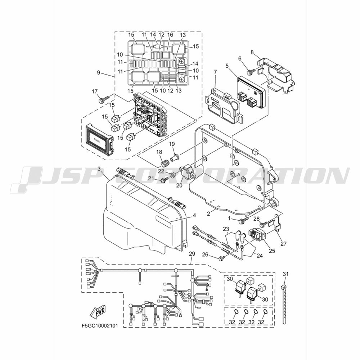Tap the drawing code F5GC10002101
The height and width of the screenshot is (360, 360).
point(100,326)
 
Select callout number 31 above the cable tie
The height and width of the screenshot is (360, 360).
point(285,274)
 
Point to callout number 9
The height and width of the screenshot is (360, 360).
point(99,73)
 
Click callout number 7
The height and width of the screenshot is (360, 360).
point(215,72)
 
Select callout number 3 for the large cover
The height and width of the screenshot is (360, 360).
point(99,169)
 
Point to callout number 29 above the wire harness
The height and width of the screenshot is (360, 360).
point(192,254)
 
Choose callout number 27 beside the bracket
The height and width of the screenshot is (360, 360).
point(284,243)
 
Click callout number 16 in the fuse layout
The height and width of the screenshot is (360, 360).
point(170,35)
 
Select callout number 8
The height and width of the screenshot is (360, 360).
point(252,52)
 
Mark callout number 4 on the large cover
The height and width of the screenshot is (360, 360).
point(194,215)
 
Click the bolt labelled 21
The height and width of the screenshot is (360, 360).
point(165,181)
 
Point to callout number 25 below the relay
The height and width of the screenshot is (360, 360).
point(272,251)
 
